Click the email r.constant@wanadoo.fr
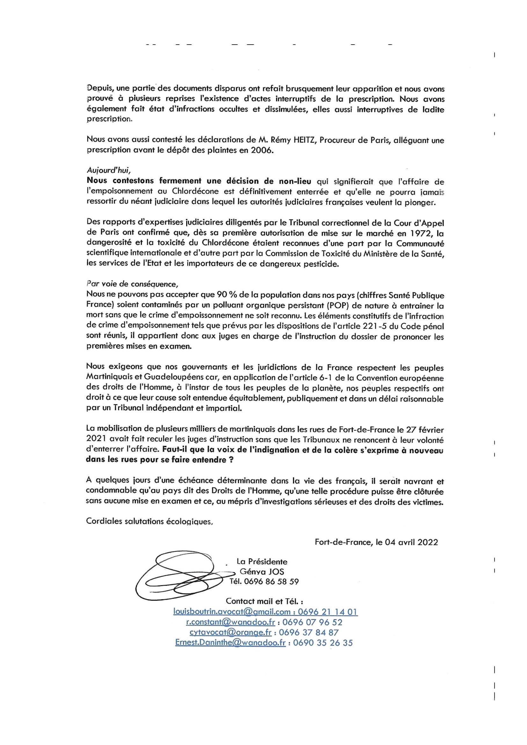click(x=231, y=622)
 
